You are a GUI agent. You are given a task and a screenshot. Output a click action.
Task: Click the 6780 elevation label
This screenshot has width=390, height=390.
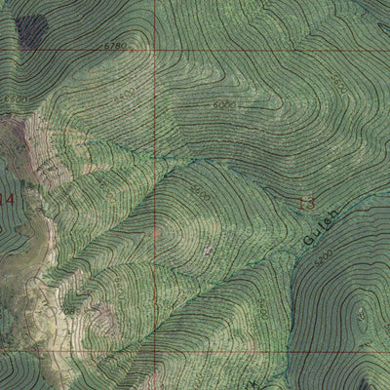tap(115, 45)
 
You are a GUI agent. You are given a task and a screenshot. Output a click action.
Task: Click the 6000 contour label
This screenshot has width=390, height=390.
tap(224, 102)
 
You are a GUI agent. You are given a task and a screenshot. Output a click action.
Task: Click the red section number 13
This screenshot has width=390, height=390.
tap(307, 204)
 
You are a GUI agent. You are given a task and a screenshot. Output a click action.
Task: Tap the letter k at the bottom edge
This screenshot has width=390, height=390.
tap(229, 383)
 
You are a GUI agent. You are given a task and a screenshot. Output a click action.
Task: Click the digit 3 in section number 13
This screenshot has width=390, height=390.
tap(312, 204)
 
